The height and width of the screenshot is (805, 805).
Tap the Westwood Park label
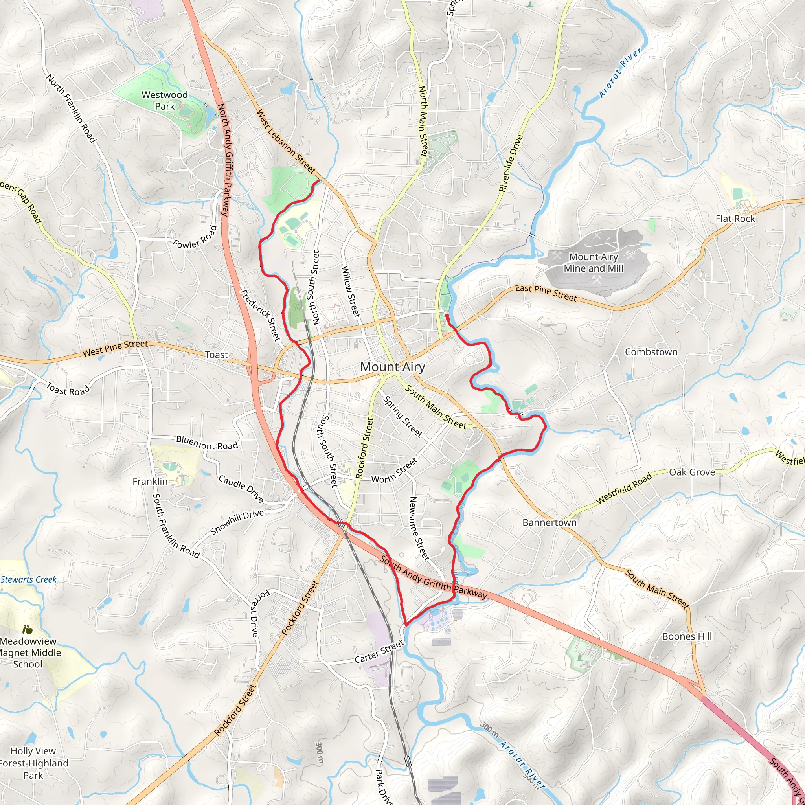(165, 100)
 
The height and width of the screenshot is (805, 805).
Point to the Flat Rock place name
(735, 219)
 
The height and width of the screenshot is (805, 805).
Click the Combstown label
(651, 352)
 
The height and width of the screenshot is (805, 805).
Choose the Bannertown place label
(549, 522)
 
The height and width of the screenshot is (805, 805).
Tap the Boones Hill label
(687, 636)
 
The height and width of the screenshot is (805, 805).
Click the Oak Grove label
(692, 472)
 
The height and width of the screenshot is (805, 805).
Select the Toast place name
(216, 355)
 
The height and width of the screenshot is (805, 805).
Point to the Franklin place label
(150, 482)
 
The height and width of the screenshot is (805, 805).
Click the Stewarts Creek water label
(29, 580)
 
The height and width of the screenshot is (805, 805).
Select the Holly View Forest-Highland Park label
(33, 763)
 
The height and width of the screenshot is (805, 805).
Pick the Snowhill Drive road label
(237, 522)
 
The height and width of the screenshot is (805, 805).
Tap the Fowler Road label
(195, 237)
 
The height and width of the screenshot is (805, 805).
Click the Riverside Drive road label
(511, 164)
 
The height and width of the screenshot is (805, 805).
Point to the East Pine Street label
(546, 293)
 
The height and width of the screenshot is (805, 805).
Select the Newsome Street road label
(419, 528)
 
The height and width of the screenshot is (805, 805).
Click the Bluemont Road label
(207, 443)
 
